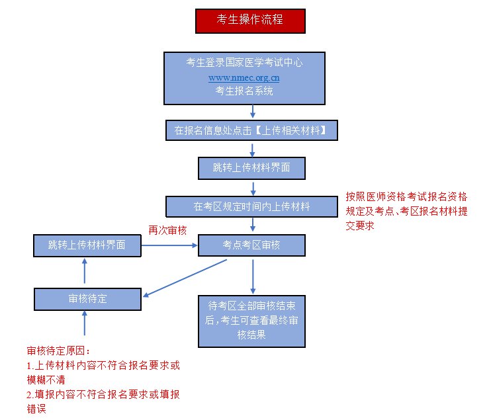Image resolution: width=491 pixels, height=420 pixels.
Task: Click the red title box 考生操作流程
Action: click(x=250, y=21)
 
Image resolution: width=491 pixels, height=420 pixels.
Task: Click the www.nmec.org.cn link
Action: click(x=244, y=77)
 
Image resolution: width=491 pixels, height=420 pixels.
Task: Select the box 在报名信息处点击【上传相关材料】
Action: click(x=251, y=130)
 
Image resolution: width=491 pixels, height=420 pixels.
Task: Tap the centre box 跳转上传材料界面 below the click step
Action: click(x=251, y=168)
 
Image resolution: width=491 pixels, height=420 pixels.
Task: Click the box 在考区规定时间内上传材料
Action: click(x=251, y=206)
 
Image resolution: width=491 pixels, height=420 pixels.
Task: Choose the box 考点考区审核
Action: click(x=251, y=245)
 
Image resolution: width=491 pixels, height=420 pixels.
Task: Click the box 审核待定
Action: click(x=87, y=299)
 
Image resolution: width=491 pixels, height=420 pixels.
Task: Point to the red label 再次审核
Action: click(x=167, y=230)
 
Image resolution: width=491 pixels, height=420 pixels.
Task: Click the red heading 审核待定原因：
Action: click(x=58, y=351)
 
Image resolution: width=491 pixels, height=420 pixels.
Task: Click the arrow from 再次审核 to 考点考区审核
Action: click(x=170, y=245)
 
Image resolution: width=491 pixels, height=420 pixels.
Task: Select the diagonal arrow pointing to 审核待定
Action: click(x=185, y=278)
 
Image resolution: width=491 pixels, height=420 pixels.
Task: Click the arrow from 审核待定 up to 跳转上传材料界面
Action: click(x=85, y=273)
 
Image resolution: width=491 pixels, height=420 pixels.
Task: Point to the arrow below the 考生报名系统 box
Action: click(x=252, y=112)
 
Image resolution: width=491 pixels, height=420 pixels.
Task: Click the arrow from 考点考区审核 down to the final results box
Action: click(x=252, y=275)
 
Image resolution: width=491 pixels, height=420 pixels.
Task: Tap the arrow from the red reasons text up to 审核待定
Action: click(x=85, y=324)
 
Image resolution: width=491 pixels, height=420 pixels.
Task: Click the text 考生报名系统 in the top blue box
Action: click(x=244, y=91)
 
